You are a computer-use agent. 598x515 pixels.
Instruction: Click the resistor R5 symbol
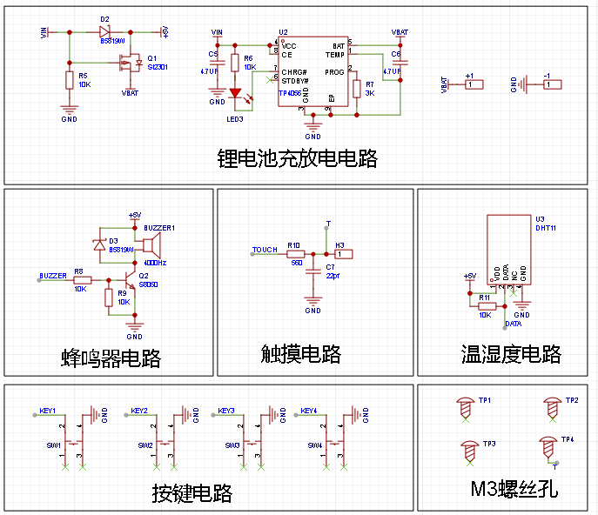(69, 81)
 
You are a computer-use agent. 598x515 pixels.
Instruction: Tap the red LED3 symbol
(235, 92)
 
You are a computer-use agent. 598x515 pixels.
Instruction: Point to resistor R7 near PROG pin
(356, 88)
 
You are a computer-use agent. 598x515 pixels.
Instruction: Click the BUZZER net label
(52, 276)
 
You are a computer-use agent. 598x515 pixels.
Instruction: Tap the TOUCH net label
(265, 250)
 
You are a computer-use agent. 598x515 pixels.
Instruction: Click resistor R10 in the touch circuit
(296, 254)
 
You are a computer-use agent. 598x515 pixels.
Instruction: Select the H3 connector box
(344, 254)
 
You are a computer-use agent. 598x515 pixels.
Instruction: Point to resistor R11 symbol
(486, 306)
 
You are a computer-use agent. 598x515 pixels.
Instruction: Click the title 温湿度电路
(510, 354)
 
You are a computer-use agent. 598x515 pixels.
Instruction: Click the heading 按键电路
(192, 493)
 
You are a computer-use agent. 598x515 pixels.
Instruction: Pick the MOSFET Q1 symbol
(133, 64)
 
